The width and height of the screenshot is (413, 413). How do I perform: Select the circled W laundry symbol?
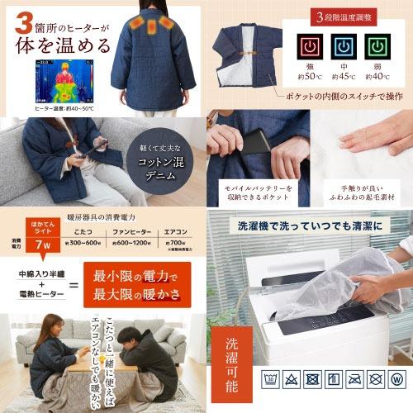tap(396, 382)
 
